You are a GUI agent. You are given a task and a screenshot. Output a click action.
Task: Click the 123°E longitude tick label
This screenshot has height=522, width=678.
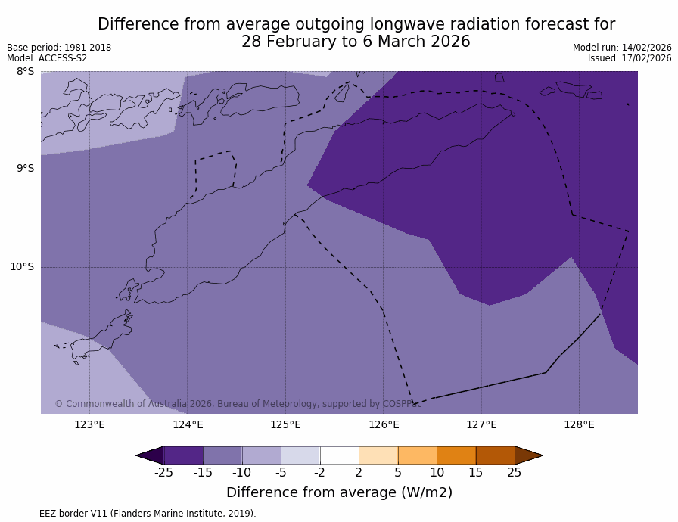click(x=89, y=424)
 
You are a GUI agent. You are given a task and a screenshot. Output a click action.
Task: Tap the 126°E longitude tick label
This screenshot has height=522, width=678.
click(x=384, y=424)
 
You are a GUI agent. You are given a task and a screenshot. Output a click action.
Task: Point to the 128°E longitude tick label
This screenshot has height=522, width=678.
click(x=579, y=424)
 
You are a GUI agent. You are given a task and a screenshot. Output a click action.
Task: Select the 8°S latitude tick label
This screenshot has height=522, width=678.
click(x=25, y=72)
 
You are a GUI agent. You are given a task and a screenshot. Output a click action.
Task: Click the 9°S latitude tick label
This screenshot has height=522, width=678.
click(x=25, y=169)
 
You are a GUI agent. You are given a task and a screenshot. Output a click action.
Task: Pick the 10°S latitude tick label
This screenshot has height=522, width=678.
click(x=22, y=266)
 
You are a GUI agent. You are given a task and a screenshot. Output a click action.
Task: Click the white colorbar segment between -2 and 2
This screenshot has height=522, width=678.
click(x=339, y=455)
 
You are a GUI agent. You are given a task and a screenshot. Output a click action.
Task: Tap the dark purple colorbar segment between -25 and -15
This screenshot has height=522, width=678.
click(x=183, y=455)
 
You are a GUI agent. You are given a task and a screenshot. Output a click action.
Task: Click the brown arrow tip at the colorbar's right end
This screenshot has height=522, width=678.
click(x=528, y=455)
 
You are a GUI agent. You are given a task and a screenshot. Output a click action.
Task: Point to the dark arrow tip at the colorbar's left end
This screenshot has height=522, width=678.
click(x=150, y=455)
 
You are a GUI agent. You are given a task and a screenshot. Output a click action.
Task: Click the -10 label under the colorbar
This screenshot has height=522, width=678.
click(x=241, y=473)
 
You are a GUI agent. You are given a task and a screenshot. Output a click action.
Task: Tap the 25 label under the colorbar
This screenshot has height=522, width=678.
click(x=514, y=473)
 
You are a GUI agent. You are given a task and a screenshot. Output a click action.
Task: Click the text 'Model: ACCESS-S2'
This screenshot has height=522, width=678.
click(x=47, y=58)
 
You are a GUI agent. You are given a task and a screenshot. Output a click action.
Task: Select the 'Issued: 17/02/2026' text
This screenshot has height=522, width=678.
click(x=630, y=58)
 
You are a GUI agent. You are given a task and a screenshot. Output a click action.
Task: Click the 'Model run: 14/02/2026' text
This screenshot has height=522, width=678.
click(x=622, y=48)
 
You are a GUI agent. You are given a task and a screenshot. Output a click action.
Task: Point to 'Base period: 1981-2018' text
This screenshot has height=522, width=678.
click(x=59, y=48)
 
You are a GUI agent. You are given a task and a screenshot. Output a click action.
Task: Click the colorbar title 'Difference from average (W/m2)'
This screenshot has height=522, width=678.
click(x=339, y=492)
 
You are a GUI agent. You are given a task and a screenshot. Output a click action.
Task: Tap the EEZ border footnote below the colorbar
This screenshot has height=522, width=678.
click(x=132, y=514)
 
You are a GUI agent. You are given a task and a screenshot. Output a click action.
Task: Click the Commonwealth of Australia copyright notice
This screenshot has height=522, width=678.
click(x=238, y=404)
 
